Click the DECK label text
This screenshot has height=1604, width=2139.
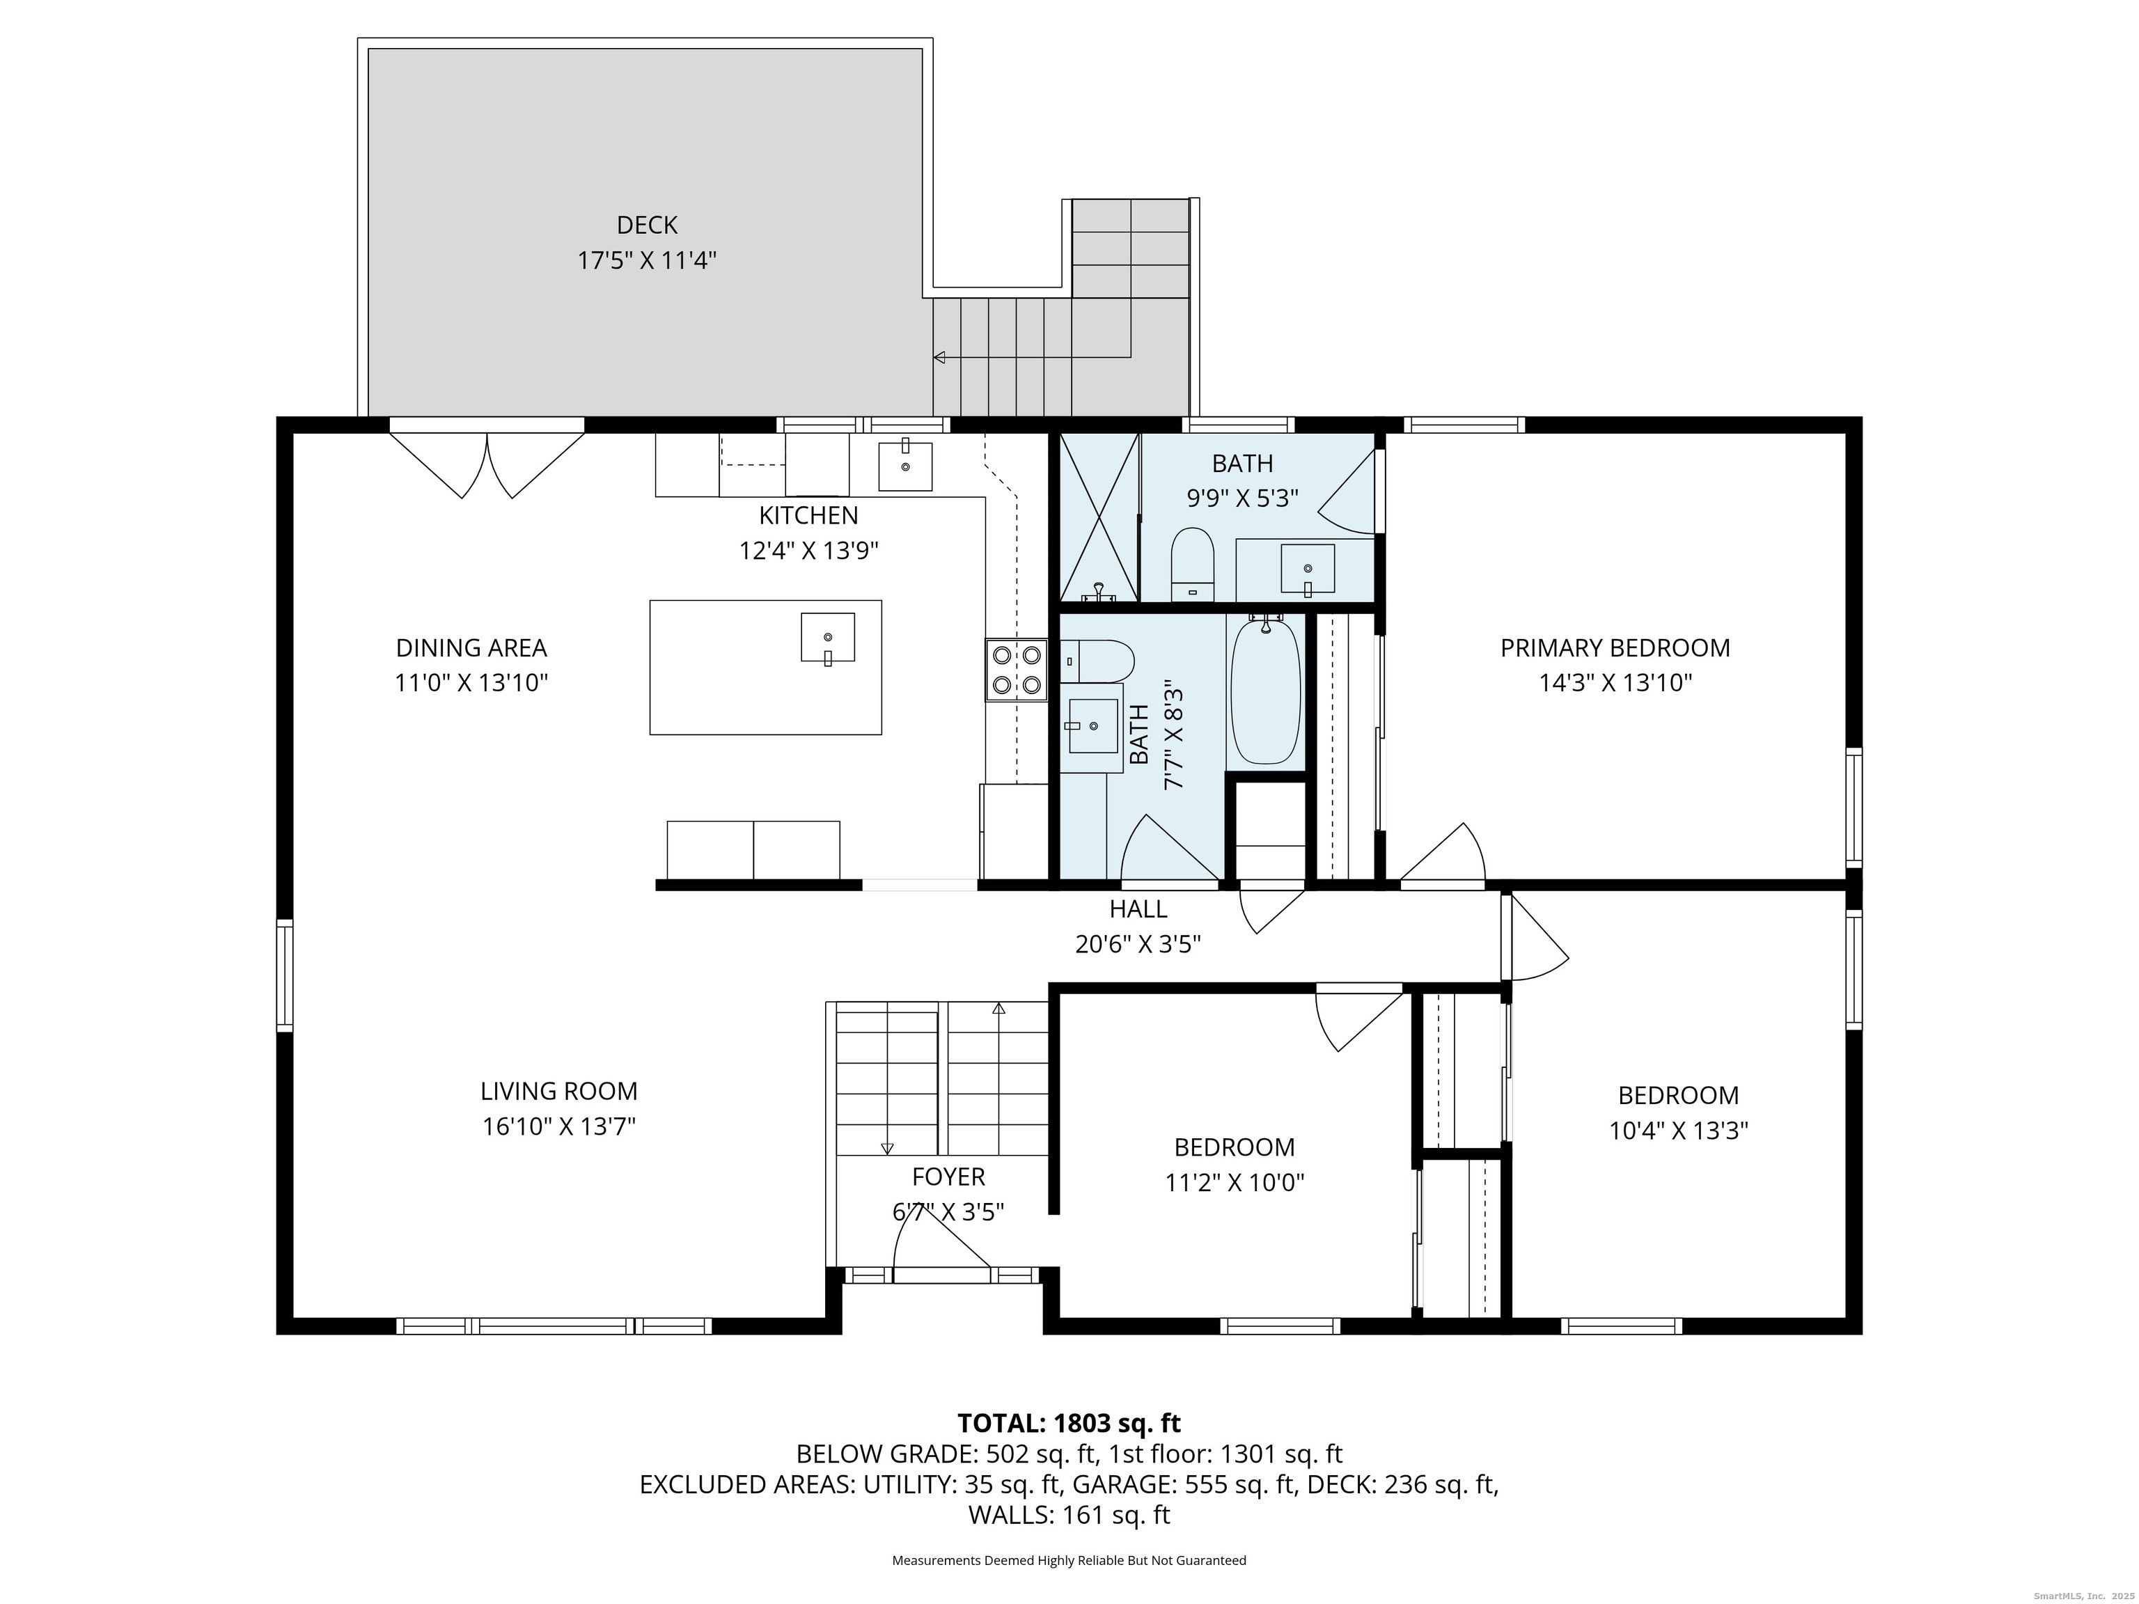[647, 226]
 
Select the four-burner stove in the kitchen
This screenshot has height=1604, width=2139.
[1017, 670]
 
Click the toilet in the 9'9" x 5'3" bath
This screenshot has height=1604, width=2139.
[1192, 565]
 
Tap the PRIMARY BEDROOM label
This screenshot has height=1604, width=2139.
[1615, 647]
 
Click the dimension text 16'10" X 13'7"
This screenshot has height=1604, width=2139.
[559, 1126]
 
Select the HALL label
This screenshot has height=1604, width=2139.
[1138, 909]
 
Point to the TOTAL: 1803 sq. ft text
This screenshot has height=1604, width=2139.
[1069, 1423]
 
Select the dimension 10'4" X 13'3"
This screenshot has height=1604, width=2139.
[1679, 1130]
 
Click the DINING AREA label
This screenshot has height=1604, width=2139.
[471, 647]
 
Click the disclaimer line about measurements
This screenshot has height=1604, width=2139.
[1069, 1559]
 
